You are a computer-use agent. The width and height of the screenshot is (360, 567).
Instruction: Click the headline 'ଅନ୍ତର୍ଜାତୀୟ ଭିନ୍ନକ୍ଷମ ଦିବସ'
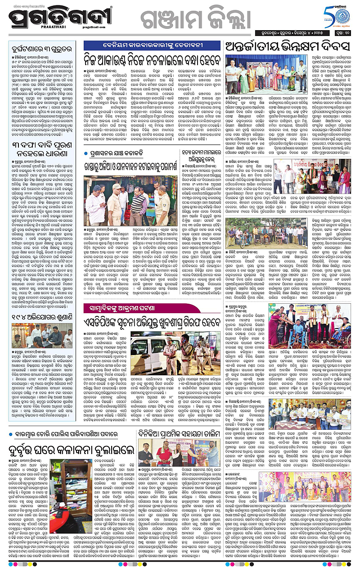pos(288,47)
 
